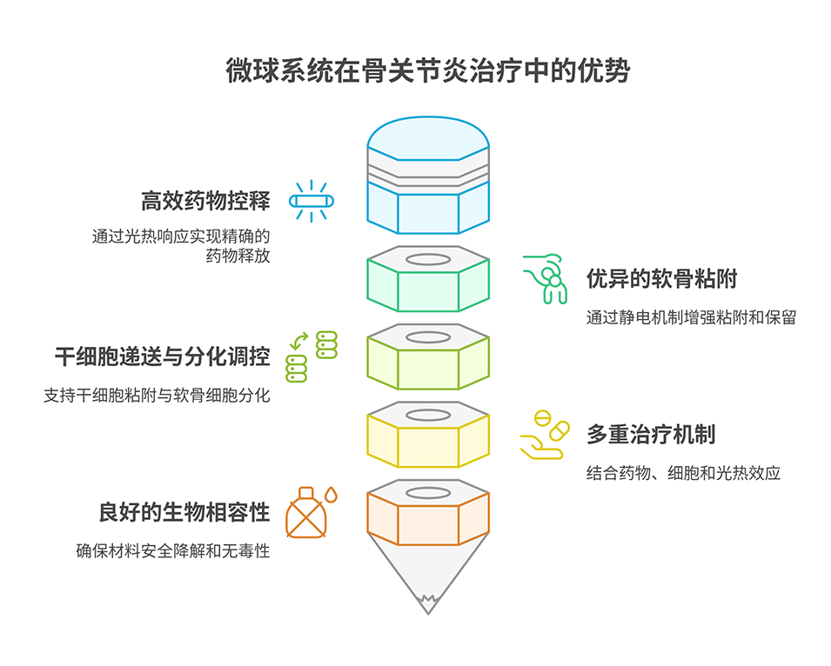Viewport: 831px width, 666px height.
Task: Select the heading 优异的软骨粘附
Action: click(x=662, y=279)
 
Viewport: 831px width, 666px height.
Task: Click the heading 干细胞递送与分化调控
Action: click(x=162, y=356)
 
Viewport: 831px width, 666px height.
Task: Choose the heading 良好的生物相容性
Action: click(x=184, y=512)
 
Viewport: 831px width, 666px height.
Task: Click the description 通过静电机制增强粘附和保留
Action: click(x=691, y=318)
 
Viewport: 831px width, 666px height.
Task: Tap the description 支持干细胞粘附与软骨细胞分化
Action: click(x=157, y=395)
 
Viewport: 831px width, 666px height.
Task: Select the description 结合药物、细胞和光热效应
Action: click(x=683, y=473)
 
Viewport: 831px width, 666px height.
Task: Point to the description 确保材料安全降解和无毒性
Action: click(x=172, y=550)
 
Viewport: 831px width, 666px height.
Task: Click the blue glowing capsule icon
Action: click(x=312, y=202)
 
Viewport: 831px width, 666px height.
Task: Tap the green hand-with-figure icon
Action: click(x=546, y=278)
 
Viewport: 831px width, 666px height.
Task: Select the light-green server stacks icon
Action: click(x=312, y=356)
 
